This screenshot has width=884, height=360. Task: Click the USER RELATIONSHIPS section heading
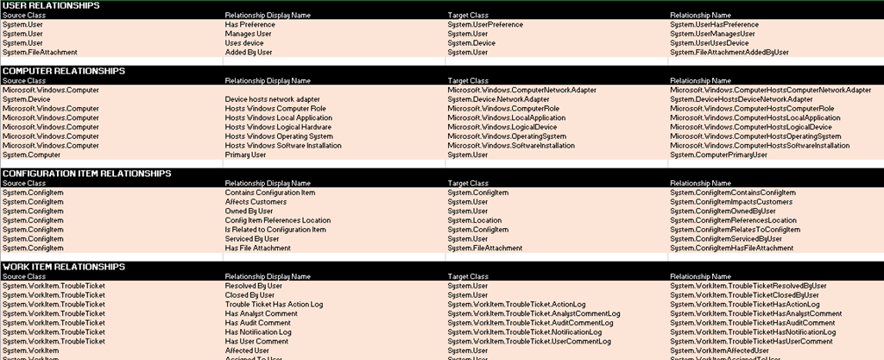51,6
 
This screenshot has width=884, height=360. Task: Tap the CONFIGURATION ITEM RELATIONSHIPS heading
86,174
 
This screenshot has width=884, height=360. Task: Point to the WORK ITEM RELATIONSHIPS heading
64,267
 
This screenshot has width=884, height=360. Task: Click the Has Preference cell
249,25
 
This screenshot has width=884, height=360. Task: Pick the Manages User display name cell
249,34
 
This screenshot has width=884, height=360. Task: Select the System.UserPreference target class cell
485,25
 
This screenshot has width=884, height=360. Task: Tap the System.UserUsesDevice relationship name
710,43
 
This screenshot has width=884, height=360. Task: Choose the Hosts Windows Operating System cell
279,136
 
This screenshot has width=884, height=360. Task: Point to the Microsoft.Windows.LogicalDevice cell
503,127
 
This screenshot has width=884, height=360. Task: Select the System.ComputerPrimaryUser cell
718,155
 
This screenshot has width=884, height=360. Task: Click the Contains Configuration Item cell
270,193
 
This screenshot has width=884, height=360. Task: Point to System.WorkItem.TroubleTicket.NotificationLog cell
525,332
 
